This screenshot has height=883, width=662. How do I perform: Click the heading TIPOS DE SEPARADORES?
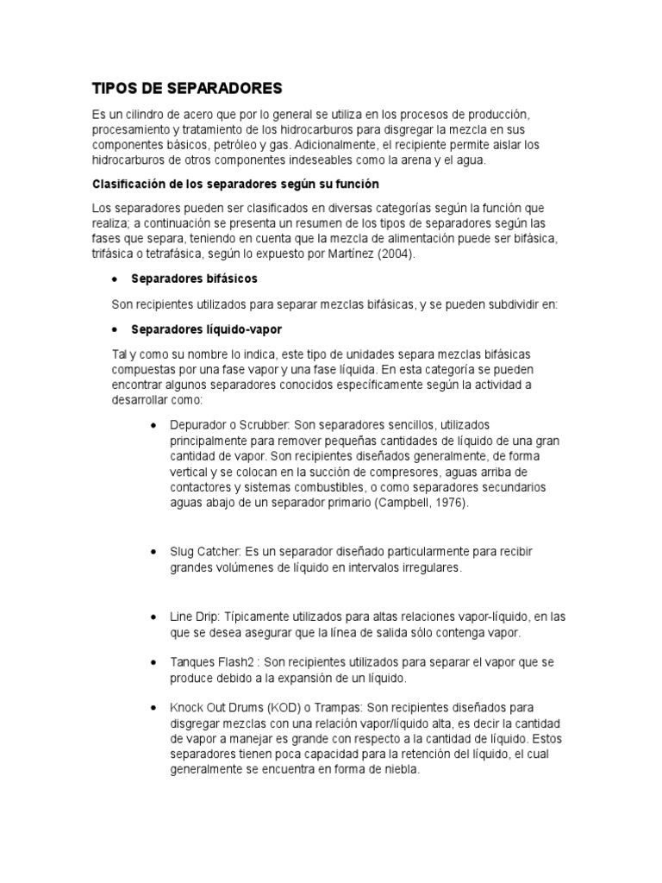pos(187,88)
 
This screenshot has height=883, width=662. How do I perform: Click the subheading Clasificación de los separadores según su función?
pos(235,185)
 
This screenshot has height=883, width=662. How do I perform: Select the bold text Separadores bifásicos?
pos(194,279)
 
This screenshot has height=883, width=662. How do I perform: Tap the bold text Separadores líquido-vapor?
pos(206,329)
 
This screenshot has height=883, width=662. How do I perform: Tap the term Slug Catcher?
pos(206,551)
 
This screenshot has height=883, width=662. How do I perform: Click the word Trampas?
pos(348,708)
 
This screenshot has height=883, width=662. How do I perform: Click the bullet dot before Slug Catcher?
pos(153,551)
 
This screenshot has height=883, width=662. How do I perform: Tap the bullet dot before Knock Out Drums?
pos(153,708)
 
